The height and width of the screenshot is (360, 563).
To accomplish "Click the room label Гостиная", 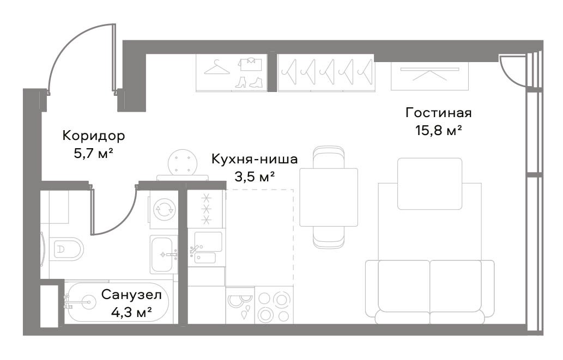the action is [438, 113].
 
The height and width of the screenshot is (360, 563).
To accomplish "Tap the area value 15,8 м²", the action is [438, 130].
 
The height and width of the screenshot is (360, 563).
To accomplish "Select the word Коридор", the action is [94, 136].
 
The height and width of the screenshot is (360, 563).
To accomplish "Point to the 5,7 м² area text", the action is [94, 154].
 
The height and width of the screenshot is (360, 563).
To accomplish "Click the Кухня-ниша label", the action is [255, 159].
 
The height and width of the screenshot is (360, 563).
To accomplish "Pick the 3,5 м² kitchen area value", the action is [255, 176].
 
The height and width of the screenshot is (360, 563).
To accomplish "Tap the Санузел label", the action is [131, 295].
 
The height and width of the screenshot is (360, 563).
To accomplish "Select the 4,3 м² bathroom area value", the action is [131, 312].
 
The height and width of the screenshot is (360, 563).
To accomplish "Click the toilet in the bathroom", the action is [66, 249].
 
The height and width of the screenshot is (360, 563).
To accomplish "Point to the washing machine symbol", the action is [164, 209].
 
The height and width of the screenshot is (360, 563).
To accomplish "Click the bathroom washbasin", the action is [164, 254].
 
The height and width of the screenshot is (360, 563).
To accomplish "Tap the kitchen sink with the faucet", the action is [207, 248].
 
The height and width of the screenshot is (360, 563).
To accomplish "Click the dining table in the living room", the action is [329, 197].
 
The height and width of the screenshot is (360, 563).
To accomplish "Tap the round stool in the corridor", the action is [183, 162].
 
